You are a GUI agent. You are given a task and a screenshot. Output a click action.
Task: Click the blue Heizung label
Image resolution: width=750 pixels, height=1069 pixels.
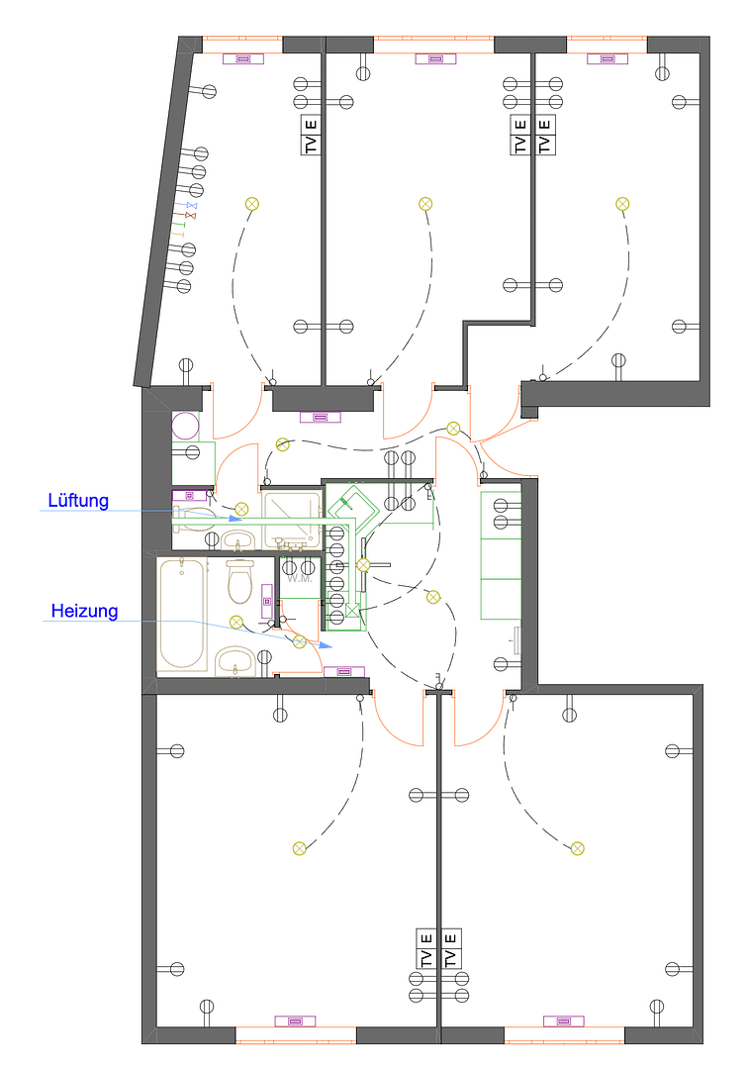[x=84, y=612]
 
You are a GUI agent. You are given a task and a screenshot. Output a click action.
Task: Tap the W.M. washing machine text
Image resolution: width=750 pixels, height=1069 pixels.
[x=300, y=578]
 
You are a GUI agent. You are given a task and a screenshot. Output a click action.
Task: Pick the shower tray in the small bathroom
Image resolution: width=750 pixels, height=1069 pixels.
[x=292, y=519]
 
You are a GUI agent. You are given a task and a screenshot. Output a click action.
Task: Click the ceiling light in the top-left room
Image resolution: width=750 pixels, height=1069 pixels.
[x=251, y=204]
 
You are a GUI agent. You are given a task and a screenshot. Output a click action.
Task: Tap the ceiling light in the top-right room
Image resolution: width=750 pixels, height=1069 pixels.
[x=622, y=204]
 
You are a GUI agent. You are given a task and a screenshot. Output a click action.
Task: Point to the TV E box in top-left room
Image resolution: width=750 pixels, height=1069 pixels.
[x=312, y=136]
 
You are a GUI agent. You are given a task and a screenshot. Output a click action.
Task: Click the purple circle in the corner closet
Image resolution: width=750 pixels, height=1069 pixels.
[x=185, y=427]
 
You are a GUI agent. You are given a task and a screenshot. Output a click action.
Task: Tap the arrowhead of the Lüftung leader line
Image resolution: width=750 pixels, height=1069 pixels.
[x=236, y=517]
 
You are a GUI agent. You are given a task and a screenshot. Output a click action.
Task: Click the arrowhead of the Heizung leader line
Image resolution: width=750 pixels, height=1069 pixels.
[x=327, y=646]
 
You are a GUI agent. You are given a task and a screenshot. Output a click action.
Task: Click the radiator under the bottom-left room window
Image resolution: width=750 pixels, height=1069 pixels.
[x=295, y=1020]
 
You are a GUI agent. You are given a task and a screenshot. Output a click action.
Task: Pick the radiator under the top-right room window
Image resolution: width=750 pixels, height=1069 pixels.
[x=608, y=58]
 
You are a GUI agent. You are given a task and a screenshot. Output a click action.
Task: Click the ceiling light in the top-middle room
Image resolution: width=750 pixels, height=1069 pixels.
[x=425, y=204]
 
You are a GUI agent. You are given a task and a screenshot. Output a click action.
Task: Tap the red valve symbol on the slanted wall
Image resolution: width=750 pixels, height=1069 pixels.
[x=191, y=215]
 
